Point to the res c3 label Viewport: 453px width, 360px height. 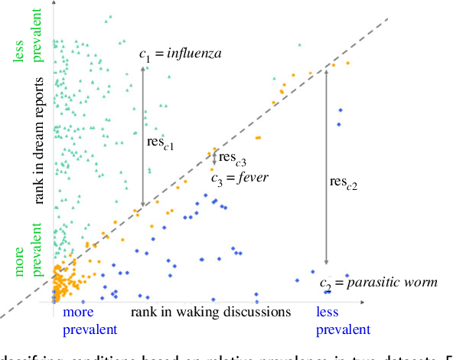point(233,159)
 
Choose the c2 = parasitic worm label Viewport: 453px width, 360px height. point(379,283)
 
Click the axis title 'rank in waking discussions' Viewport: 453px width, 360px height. point(211,312)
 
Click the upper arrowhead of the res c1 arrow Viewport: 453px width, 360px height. point(142,68)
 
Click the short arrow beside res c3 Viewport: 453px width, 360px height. point(213,159)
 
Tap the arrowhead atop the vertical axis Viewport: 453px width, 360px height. point(53,5)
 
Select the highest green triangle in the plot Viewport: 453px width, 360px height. point(109,16)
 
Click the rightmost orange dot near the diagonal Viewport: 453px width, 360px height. point(348,63)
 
